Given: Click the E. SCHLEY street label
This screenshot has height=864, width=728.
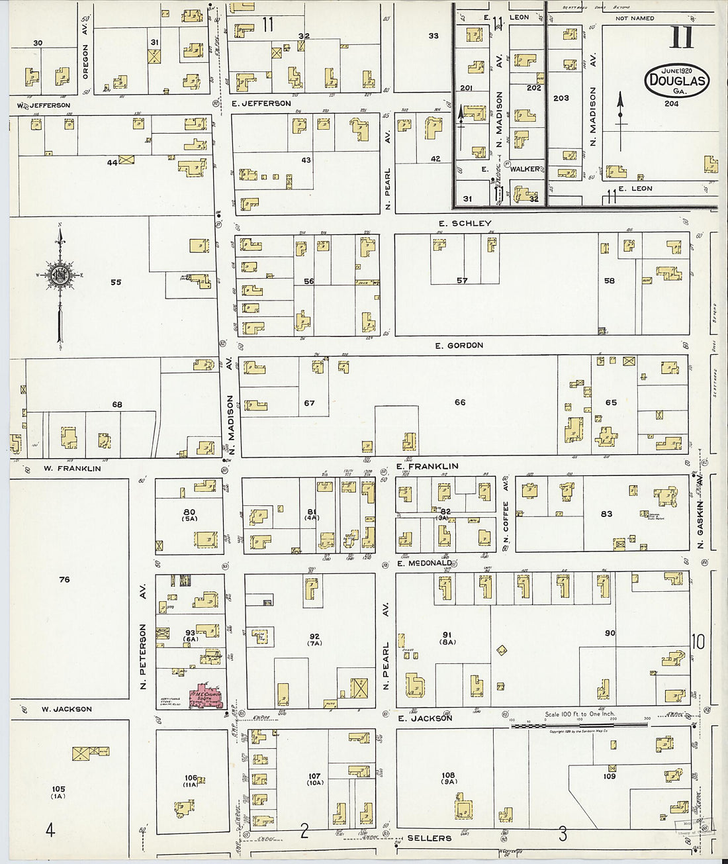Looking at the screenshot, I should click(465, 223).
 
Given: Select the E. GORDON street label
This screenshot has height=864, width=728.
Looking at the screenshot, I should click(459, 345).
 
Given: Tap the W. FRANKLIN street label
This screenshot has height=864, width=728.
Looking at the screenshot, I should click(72, 469).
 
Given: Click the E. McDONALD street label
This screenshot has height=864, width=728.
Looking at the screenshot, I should click(424, 563).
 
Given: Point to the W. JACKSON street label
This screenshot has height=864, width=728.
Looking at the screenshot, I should click(67, 709).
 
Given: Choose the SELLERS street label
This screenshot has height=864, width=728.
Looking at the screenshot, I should click(429, 838).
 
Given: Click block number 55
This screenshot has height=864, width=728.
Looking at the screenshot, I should click(116, 282).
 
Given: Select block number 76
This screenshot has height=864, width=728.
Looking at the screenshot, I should click(64, 580).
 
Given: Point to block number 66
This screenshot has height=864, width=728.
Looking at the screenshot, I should click(460, 403).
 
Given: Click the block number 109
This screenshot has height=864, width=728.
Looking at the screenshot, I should click(609, 776).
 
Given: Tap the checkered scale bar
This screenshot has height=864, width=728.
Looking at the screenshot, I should click(579, 726).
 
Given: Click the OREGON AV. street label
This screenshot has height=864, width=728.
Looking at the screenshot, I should click(85, 62).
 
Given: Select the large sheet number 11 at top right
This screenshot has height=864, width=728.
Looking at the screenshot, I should click(682, 38).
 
